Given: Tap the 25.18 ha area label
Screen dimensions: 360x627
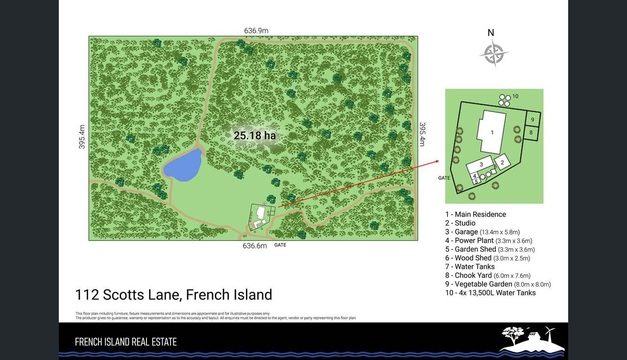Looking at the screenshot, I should (x=254, y=135).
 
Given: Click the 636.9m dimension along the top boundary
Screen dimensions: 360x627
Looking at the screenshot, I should (x=256, y=31).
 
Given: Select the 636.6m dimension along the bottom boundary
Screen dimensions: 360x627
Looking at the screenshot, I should (x=255, y=246).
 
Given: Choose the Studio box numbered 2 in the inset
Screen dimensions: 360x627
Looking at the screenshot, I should (x=502, y=162).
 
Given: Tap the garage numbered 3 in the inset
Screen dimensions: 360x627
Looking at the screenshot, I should (x=482, y=165).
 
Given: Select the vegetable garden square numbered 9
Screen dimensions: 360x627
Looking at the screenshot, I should (x=532, y=119).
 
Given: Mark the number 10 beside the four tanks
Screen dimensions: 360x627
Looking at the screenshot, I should (x=515, y=96).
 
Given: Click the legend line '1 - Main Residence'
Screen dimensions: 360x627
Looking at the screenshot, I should (x=475, y=214).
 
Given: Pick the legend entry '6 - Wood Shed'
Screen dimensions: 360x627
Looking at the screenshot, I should (x=487, y=258).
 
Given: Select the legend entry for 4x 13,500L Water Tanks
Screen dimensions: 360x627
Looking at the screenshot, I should (x=490, y=293).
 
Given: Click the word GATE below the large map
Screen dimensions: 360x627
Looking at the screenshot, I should (x=280, y=245).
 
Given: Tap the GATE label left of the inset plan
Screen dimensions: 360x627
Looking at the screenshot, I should (x=444, y=178).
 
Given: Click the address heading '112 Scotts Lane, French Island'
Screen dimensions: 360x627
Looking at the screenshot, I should (x=173, y=295).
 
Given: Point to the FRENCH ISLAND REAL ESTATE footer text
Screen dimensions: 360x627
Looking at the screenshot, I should (x=125, y=342).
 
